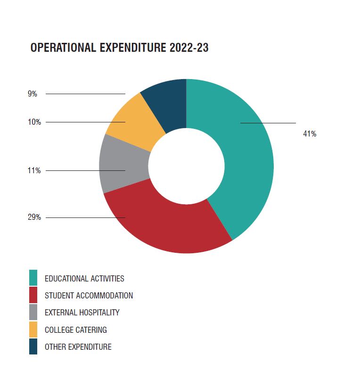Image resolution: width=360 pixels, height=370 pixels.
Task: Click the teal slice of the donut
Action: coord(245,155)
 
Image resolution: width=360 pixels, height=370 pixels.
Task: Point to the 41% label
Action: coord(310,134)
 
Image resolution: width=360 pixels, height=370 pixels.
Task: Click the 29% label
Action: coord(34,217)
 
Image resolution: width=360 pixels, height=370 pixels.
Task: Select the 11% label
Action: coord(34,170)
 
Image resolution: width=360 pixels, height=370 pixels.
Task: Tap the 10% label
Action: coord(34,122)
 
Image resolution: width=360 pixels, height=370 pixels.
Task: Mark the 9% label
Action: coord(32,94)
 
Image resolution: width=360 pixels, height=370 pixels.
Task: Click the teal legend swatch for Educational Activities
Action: coord(33,278)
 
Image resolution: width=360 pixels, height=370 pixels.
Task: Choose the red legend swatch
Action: coord(33,296)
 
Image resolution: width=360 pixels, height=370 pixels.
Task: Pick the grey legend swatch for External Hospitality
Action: coord(33,312)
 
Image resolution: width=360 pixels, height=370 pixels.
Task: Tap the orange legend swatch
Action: coord(33,330)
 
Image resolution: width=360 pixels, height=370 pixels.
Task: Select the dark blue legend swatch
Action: coord(33,346)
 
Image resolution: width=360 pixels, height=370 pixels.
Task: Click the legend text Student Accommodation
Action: coord(89,296)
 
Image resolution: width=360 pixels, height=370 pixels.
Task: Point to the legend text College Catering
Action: coord(75,330)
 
